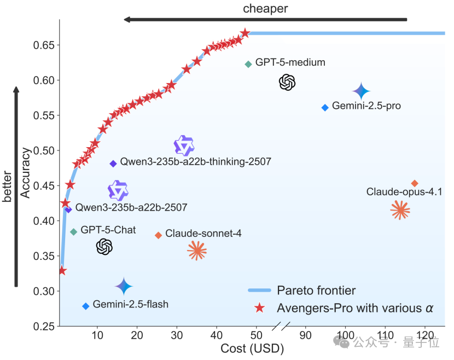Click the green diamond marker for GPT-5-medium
[x=248, y=64]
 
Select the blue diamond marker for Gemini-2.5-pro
[x=325, y=107]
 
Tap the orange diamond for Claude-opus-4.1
[x=415, y=183]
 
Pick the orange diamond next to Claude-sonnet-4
[x=159, y=235]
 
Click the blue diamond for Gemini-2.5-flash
[x=85, y=306]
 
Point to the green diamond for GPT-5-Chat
[x=74, y=232]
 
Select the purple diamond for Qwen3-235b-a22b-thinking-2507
[x=113, y=164]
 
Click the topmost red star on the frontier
[x=245, y=33]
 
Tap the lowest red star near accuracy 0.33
[x=62, y=271]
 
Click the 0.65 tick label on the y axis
[x=44, y=45]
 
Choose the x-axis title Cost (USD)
[x=252, y=348]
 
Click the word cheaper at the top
[x=265, y=8]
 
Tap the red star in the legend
[x=260, y=308]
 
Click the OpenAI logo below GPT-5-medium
[x=287, y=83]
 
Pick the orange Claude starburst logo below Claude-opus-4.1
[x=400, y=210]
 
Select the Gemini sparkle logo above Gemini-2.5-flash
[x=124, y=286]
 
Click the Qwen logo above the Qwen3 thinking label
[x=184, y=146]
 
